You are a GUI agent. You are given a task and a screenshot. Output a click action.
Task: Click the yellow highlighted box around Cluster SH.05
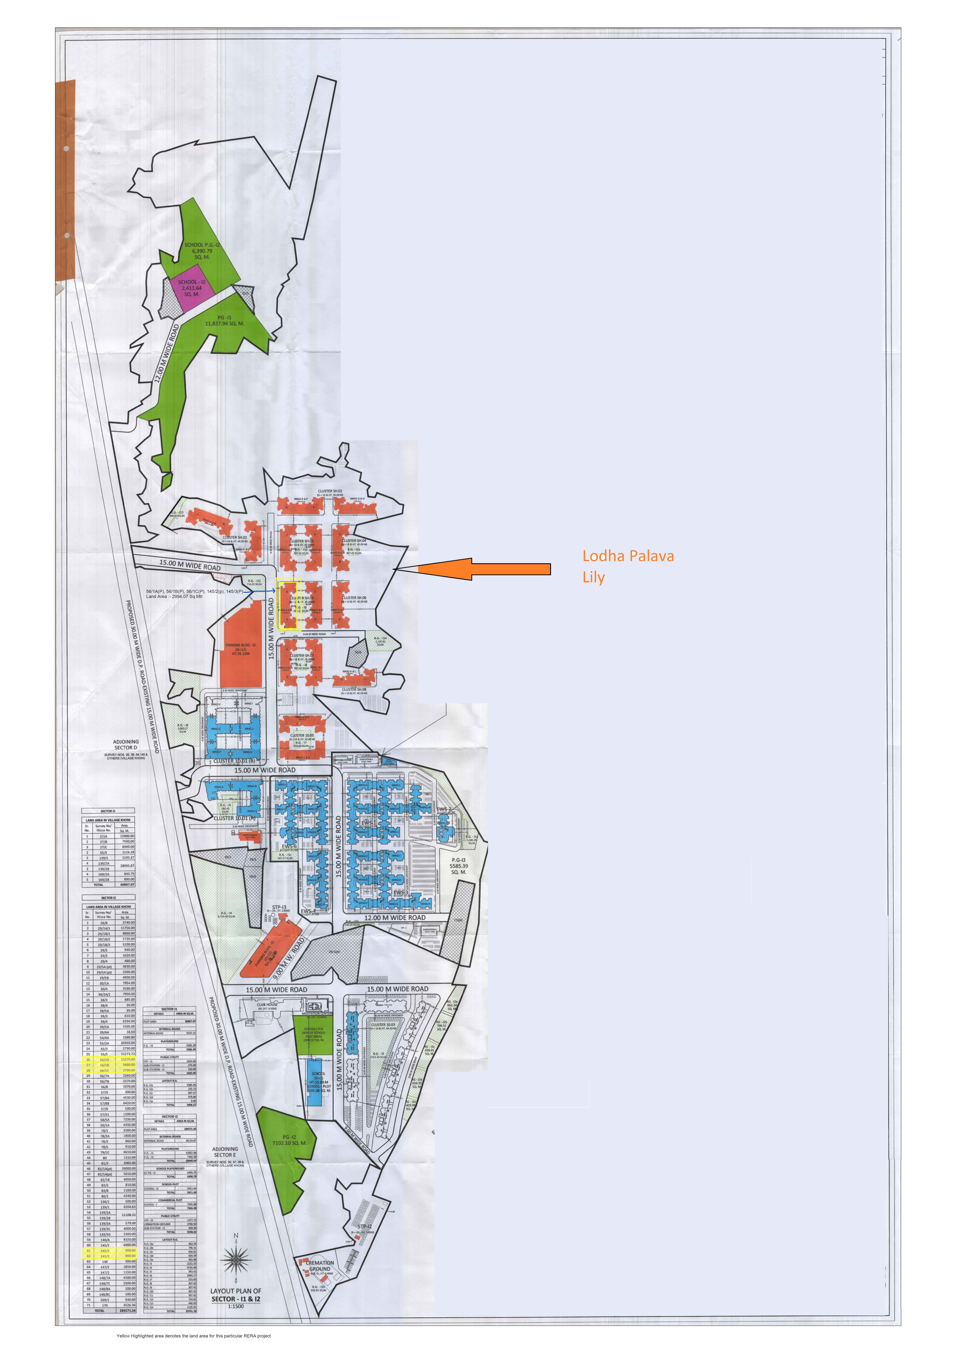coord(288,604)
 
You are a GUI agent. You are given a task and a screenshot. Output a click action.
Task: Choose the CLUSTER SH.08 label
coord(354,689)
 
